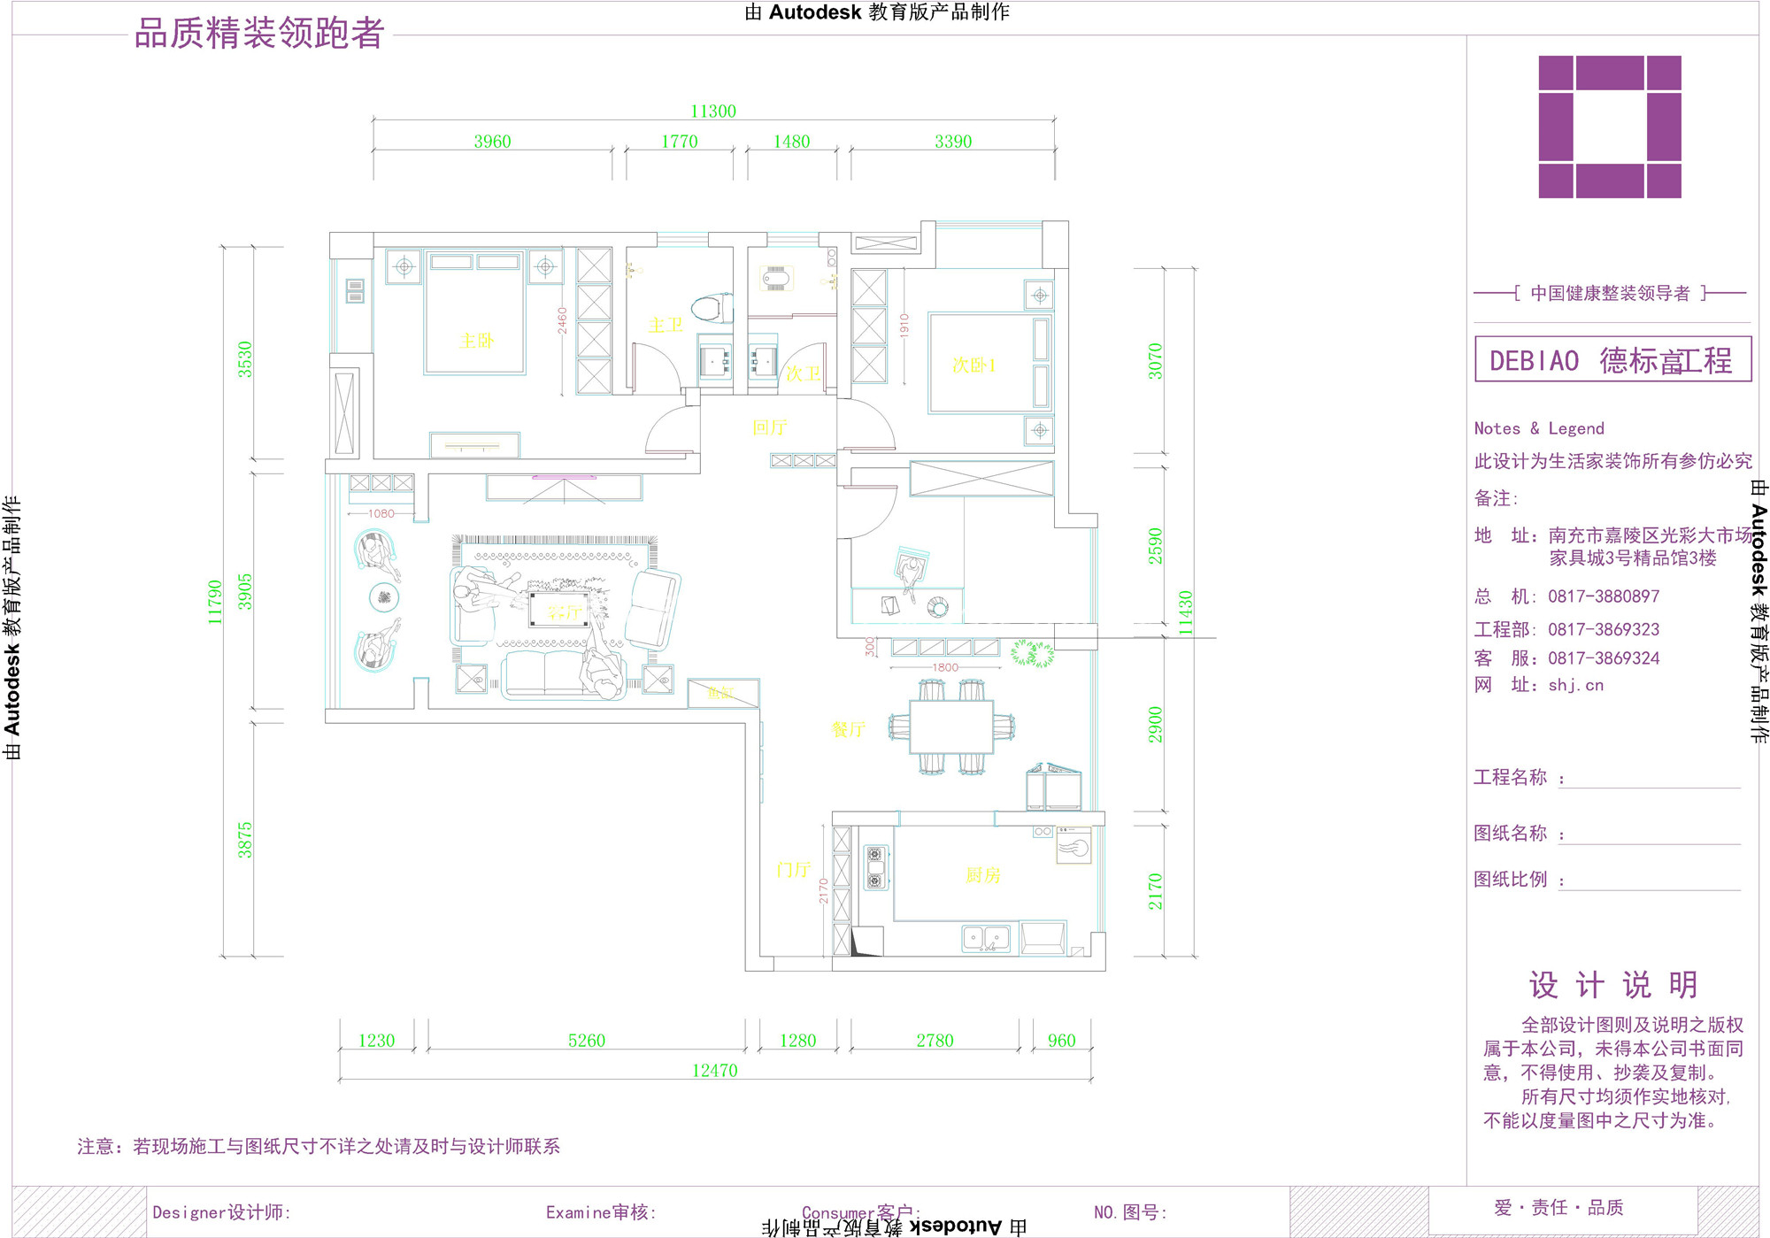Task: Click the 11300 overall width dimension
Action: pos(713,111)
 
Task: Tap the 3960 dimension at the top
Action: pos(492,142)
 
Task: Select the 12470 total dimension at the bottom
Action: pos(714,1071)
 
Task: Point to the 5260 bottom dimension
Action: pos(587,1041)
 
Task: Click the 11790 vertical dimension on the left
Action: pos(215,602)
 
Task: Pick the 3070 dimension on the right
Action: pos(1156,361)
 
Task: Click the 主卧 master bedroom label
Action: pos(476,341)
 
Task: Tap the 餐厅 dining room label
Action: pos(848,729)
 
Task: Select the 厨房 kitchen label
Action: pos(982,875)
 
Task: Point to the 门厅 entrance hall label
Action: pos(794,870)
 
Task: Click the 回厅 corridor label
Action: pos(769,427)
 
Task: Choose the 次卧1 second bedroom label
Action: pos(973,365)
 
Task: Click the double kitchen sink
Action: pos(985,938)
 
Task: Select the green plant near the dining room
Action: pos(1032,654)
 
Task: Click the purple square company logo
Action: pos(1610,127)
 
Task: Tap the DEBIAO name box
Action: pos(1612,359)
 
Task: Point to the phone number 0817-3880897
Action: pos(1604,596)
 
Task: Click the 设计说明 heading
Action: pos(1613,985)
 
